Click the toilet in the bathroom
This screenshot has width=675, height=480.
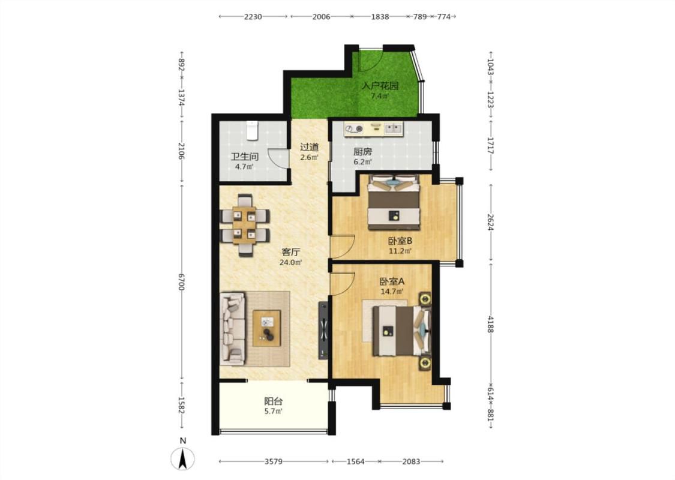[252, 130]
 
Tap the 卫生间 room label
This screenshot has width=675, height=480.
[244, 156]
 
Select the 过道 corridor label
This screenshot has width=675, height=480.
[309, 147]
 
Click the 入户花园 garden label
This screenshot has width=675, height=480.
[380, 86]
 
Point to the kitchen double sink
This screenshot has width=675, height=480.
[394, 128]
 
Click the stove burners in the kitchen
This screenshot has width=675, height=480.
[354, 128]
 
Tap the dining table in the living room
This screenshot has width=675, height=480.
[245, 225]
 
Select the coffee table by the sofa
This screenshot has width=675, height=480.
[266, 328]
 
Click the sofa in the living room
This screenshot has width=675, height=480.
[233, 329]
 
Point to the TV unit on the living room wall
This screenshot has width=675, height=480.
[322, 331]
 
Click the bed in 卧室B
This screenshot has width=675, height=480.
[394, 202]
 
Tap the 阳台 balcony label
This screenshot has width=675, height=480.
[274, 401]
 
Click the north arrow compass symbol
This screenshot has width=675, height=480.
[182, 458]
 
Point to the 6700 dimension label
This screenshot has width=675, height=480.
[181, 282]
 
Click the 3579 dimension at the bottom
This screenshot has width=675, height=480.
[274, 461]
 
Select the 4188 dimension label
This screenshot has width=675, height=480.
[490, 324]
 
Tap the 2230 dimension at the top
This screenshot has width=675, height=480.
[253, 17]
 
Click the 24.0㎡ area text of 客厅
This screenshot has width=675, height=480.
[290, 262]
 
